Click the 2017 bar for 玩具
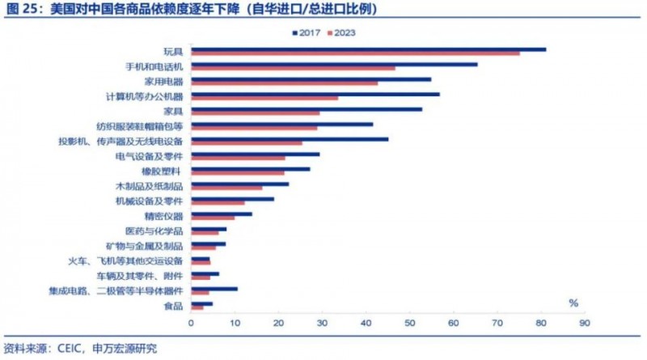(369, 49)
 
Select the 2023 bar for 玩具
(356, 53)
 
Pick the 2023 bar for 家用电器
(285, 83)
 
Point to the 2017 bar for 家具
(307, 109)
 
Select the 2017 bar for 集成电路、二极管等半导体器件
(214, 288)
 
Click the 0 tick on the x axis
(192, 323)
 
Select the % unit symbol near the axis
(573, 303)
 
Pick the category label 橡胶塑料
(166, 172)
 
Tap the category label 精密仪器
(166, 216)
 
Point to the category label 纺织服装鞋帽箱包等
(140, 126)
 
